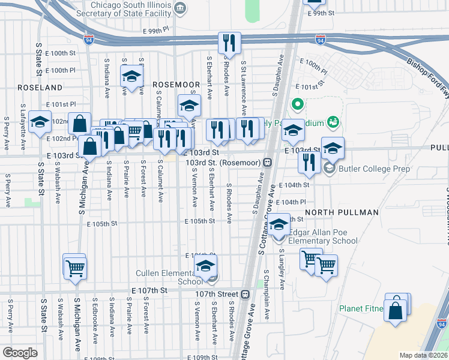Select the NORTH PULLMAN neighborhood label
(342, 212)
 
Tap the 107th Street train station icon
(245, 295)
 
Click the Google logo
(20, 353)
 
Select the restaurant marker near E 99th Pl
(229, 43)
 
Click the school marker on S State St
(40, 122)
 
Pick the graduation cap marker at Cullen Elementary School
(206, 266)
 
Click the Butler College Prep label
(375, 169)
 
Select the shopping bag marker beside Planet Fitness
(396, 311)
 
